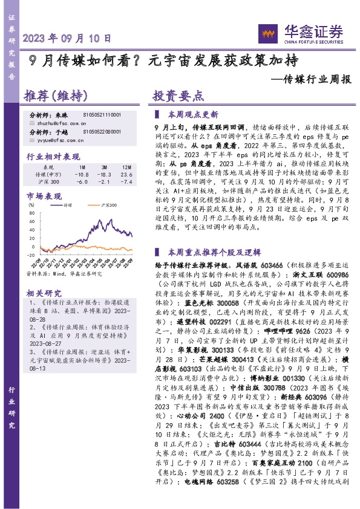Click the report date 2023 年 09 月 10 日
[67, 37]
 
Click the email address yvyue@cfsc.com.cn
[56, 138]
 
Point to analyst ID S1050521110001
[102, 114]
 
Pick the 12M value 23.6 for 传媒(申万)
[126, 173]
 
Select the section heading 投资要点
[178, 96]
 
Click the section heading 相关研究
[42, 293]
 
